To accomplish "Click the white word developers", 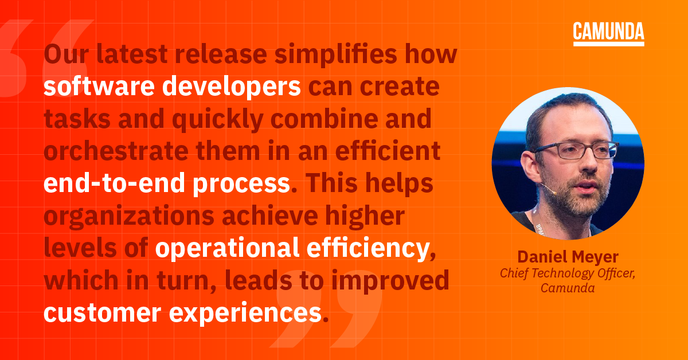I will [x=230, y=87].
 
